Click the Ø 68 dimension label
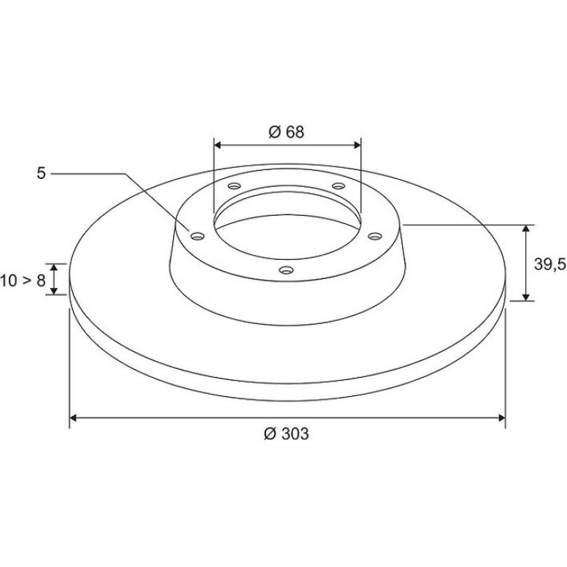click(286, 132)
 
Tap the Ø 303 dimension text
click(286, 434)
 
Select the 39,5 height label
click(550, 264)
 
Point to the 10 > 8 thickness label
click(22, 281)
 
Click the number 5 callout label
click(41, 174)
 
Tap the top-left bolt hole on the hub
click(234, 186)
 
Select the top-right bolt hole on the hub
click(339, 186)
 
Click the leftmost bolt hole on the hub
click(197, 236)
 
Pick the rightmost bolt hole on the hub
click(375, 236)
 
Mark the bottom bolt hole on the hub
click(286, 270)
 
